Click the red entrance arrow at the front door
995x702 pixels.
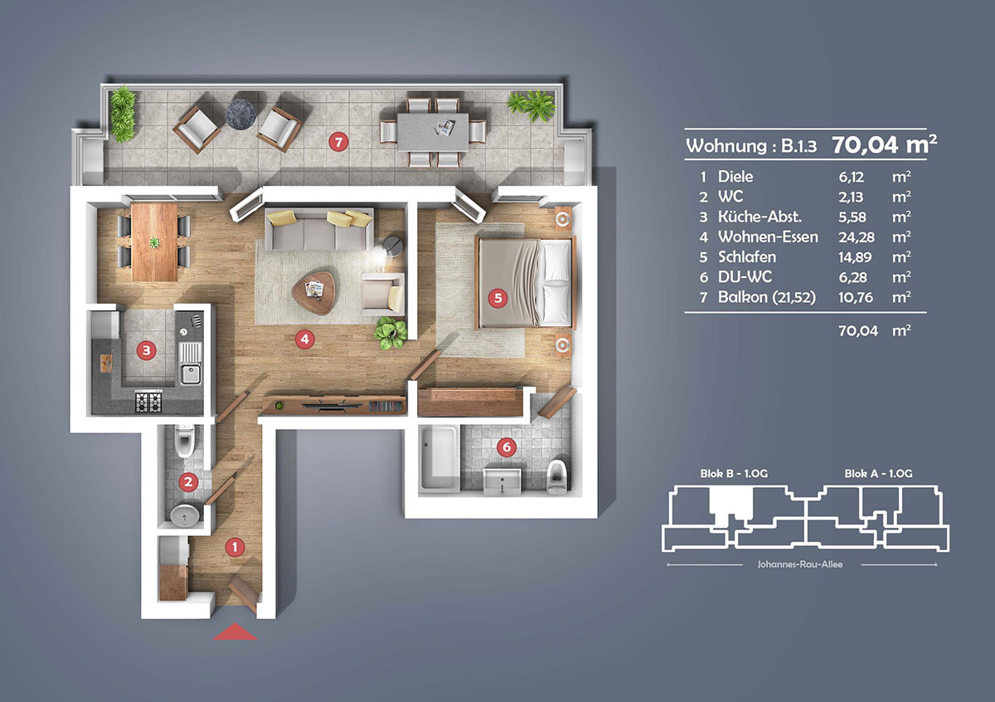coord(235,632)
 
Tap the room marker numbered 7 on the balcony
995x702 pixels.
coord(338,142)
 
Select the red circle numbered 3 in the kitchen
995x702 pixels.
coord(146,350)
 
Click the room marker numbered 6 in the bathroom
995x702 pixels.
coord(507,446)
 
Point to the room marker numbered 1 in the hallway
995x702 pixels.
coord(235,548)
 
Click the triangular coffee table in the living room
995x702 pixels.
coord(314,292)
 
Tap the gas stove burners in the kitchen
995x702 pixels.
coord(148,401)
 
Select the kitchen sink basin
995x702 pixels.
coord(190,373)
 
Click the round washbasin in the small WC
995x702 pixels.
coord(184,515)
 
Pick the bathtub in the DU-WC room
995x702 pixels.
coord(439,459)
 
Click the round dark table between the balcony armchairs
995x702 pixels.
coord(240,115)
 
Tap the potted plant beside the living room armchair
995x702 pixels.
coord(391,333)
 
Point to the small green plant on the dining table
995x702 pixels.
coord(154,242)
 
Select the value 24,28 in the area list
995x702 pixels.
coord(856,237)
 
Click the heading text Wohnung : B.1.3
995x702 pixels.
coord(751,145)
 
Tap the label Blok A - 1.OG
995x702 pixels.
coord(878,474)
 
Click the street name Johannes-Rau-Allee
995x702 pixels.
coord(800,564)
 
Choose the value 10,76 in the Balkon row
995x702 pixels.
coord(856,297)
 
